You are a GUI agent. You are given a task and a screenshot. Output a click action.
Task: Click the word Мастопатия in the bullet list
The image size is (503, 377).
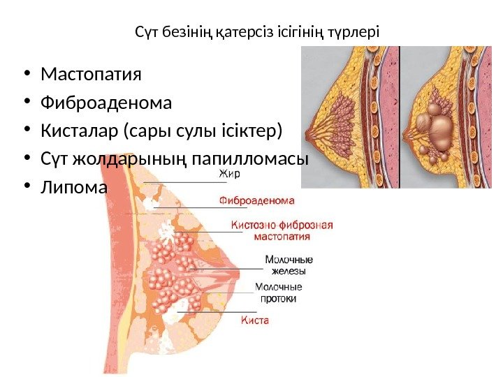tap(92, 74)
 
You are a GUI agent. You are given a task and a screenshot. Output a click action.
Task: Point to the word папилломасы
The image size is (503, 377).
tap(261, 159)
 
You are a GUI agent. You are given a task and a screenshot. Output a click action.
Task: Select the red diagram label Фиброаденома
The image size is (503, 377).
tap(257, 199)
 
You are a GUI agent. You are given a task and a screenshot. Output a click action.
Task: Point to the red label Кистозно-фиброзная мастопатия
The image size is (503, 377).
tap(281, 230)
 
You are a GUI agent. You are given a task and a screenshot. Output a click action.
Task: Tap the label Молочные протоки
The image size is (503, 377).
tap(279, 293)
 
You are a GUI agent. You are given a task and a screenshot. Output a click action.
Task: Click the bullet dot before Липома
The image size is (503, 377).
tap(26, 187)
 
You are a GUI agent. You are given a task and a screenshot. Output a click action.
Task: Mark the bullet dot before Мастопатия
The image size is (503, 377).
tap(26, 74)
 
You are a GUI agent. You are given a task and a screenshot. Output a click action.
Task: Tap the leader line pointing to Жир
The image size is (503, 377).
tap(182, 182)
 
